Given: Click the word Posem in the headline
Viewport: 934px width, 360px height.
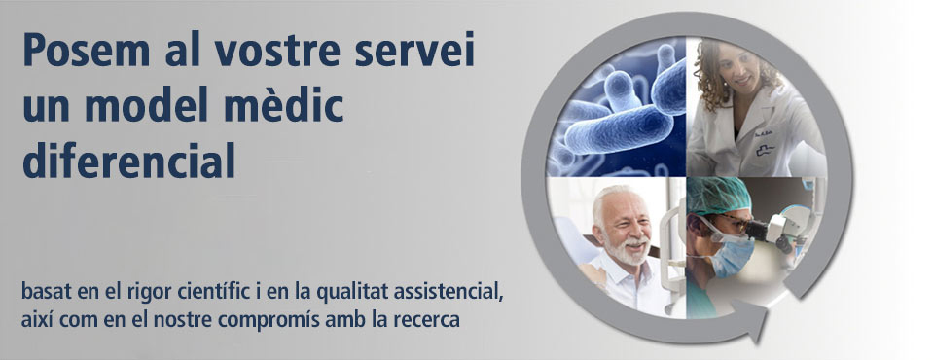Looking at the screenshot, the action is tap(87, 50).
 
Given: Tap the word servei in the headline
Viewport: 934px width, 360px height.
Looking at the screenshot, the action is tap(414, 50).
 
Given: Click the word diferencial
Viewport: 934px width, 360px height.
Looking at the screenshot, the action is tap(128, 161).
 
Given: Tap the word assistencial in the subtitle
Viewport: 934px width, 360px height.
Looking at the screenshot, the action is tap(446, 293).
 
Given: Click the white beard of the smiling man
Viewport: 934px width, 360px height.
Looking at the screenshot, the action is tap(629, 249).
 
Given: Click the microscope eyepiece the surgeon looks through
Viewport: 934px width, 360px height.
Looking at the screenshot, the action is tap(757, 229).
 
